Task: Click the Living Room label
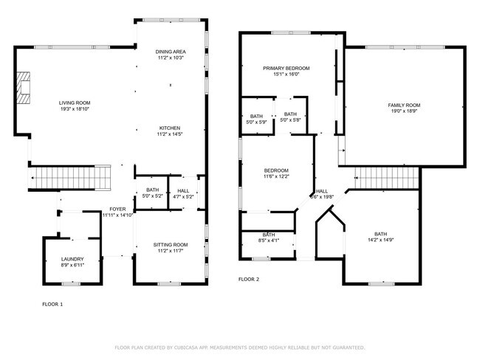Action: click(75, 103)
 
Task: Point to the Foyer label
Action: click(117, 209)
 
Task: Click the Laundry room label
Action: click(72, 259)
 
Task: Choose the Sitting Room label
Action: click(170, 244)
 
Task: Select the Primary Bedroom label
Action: click(286, 68)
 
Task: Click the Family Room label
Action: click(404, 105)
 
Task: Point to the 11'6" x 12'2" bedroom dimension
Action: click(276, 176)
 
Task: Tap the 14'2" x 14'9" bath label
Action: click(380, 234)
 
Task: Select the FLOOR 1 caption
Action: click(52, 302)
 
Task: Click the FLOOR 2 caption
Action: click(248, 280)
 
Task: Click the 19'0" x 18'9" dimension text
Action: click(404, 112)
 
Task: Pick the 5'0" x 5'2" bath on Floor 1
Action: click(151, 193)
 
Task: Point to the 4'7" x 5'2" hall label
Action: click(182, 193)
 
